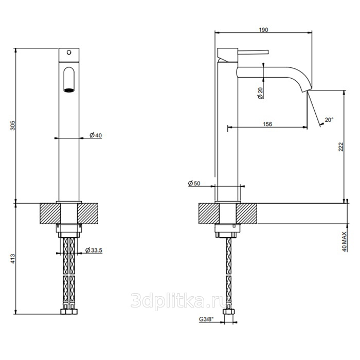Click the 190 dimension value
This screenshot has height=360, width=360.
263,30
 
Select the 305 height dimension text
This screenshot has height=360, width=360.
13,125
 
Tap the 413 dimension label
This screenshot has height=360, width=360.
13,259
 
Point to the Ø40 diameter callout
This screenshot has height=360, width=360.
96,135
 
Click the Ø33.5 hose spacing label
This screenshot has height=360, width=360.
94,250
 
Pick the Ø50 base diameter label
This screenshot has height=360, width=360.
194,183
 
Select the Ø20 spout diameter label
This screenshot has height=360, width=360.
260,93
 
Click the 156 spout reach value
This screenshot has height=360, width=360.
267,124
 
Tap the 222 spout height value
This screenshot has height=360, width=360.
340,147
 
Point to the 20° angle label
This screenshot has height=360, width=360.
329,120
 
